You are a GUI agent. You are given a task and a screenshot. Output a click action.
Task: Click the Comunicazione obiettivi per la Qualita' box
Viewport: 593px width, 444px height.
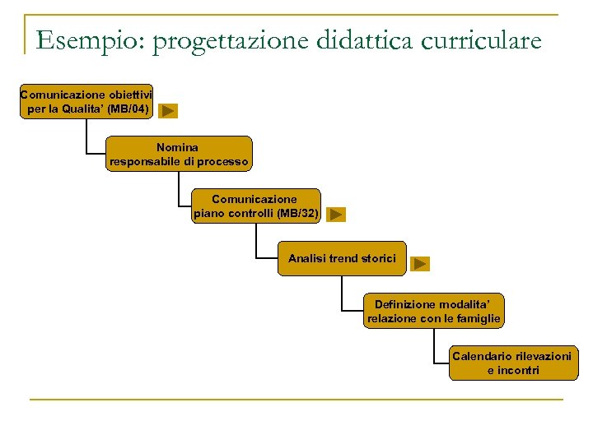tap(86, 102)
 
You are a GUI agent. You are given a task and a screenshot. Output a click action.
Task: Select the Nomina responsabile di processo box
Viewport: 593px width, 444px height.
tap(179, 155)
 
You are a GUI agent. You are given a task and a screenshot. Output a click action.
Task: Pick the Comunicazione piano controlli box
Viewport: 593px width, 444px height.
tap(255, 206)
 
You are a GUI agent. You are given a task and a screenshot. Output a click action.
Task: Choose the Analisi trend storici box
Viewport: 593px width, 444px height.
tap(342, 258)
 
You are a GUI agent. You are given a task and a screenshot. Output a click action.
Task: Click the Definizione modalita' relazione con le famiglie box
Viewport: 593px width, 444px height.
tap(433, 312)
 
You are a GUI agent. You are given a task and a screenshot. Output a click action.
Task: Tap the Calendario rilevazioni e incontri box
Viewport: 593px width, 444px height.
tap(512, 363)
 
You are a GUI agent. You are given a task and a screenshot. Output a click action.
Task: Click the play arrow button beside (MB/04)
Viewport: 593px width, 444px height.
tap(168, 110)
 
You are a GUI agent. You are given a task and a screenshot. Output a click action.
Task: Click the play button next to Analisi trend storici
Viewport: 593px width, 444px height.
tap(420, 264)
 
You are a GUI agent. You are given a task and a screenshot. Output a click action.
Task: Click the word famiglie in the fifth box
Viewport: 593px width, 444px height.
tap(479, 319)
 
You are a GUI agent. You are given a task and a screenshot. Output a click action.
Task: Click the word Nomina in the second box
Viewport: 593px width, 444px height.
tap(178, 147)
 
